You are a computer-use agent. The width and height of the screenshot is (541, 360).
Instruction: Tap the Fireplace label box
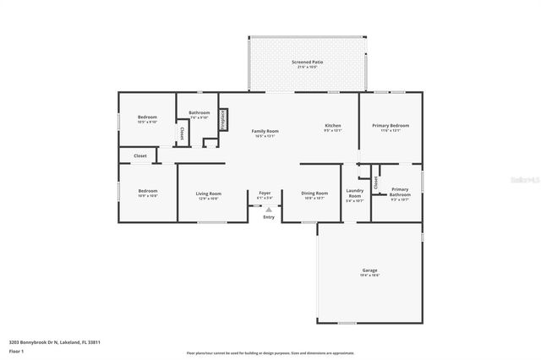(222, 117)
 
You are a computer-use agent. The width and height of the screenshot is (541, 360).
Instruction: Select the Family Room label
(265, 131)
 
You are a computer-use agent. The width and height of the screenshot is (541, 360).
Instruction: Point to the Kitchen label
(333, 126)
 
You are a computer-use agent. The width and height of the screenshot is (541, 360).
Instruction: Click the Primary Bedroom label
(391, 126)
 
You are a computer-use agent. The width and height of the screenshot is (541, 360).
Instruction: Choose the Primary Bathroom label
(400, 192)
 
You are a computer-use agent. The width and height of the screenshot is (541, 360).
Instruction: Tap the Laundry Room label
(354, 194)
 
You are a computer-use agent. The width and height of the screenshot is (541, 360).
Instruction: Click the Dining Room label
(314, 194)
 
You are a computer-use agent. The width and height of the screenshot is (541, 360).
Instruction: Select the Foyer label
(265, 194)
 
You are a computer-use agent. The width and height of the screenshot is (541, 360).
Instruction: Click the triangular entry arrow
(269, 209)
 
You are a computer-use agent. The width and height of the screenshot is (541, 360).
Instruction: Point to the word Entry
(269, 217)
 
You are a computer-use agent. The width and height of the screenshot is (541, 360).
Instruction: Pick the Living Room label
(208, 194)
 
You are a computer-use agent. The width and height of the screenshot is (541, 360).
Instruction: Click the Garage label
(370, 270)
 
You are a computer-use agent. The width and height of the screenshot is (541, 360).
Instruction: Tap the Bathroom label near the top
(199, 112)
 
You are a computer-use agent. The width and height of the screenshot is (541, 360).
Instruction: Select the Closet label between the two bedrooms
(140, 155)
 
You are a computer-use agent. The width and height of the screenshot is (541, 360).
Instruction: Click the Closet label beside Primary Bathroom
(375, 181)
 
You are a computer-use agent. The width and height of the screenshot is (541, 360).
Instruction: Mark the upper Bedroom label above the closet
(147, 117)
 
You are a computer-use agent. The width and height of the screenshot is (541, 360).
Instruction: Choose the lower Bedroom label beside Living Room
(147, 191)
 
